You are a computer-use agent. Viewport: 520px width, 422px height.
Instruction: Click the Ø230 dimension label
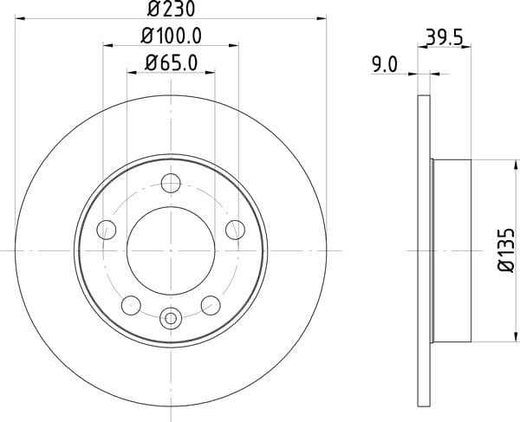tap(171, 9)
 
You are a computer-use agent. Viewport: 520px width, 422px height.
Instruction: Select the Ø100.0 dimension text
tap(171, 36)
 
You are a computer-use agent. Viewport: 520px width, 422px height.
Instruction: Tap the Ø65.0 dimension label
tap(171, 62)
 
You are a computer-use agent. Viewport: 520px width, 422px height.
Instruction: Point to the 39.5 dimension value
tap(444, 37)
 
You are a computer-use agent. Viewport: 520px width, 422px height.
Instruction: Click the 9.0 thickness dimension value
tap(385, 65)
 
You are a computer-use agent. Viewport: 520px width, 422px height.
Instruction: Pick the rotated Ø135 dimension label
tap(507, 250)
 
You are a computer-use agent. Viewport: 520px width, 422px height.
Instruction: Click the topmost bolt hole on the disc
tap(171, 183)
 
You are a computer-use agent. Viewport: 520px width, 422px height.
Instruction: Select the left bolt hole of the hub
tap(107, 230)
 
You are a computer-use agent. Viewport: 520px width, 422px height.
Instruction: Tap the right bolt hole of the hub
tap(235, 230)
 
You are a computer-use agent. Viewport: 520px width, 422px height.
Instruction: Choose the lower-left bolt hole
tap(131, 305)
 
